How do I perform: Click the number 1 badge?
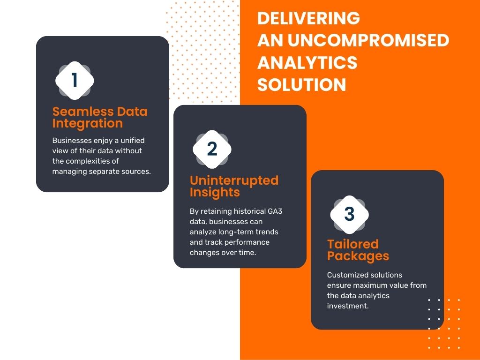point(75,80)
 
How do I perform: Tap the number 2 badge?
point(212,149)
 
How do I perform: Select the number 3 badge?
point(349,214)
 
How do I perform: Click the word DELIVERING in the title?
point(308,18)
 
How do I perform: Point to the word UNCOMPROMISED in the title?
point(368,40)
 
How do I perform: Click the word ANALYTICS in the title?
point(307,62)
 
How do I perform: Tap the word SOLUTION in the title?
point(301,85)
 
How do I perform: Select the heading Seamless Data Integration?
point(99,117)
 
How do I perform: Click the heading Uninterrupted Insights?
point(233,186)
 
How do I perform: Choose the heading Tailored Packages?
point(358,250)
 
